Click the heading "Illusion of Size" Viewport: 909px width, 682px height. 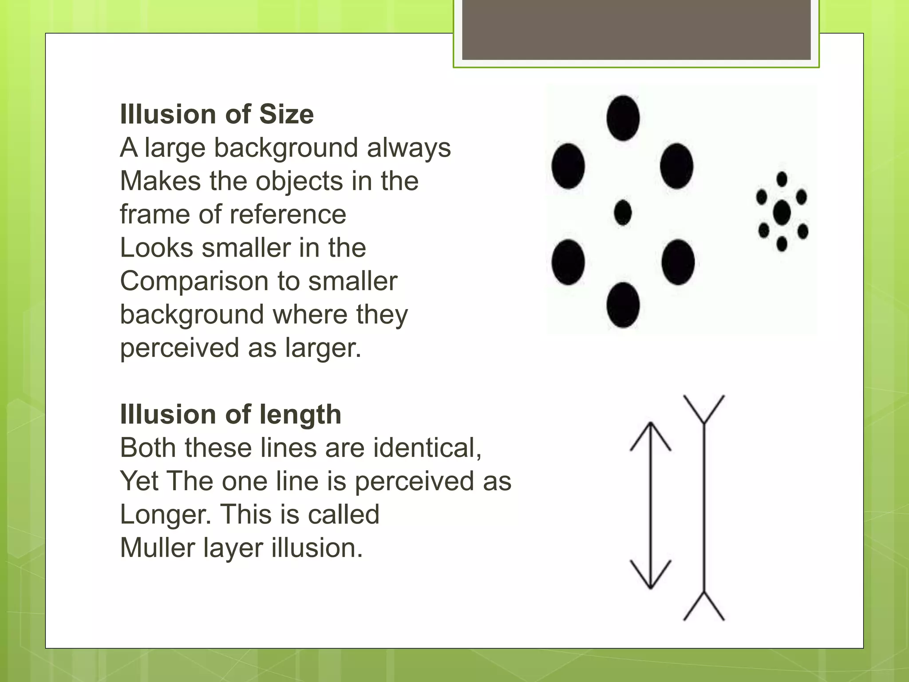point(217,115)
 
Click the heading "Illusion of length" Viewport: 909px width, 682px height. point(230,415)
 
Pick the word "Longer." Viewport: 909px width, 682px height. point(166,514)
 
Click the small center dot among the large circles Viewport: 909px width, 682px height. point(623,212)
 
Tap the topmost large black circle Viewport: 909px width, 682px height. point(623,118)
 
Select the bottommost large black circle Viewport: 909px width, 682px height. point(623,305)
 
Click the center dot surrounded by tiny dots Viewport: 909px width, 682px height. point(782,213)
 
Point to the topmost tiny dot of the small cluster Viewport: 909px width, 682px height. point(782,179)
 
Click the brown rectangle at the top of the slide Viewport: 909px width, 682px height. point(636,30)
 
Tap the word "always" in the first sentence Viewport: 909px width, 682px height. point(409,148)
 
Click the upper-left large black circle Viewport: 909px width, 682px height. point(568,166)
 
